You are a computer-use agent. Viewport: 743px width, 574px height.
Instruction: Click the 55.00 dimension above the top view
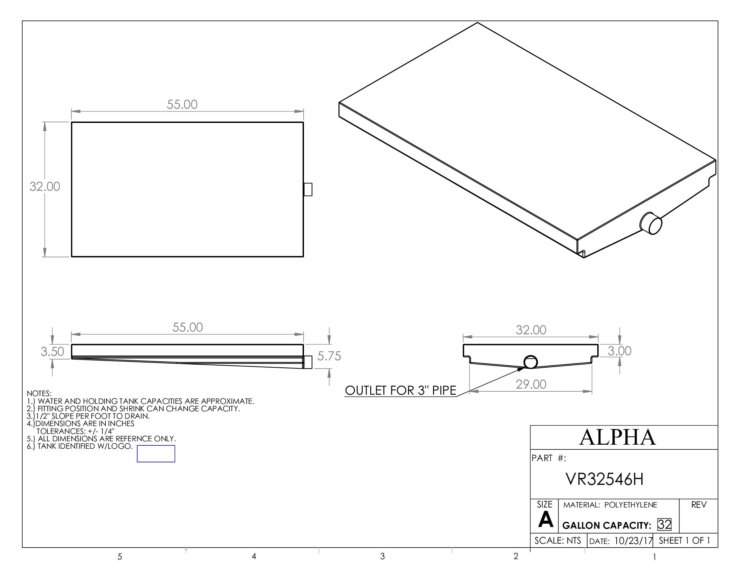pos(182,104)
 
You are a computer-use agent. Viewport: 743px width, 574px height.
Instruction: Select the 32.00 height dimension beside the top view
pos(45,186)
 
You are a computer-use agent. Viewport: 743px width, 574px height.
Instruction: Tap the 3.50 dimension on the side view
pos(52,351)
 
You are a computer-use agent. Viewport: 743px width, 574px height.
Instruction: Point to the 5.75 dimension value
pos(329,356)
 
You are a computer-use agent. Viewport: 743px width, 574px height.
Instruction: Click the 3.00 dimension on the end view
pos(619,350)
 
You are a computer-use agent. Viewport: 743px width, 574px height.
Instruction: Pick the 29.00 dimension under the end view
pos(531,384)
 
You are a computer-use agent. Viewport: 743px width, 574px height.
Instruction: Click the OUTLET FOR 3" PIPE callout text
pos(401,390)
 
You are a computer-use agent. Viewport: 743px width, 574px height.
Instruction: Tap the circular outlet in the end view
pos(530,362)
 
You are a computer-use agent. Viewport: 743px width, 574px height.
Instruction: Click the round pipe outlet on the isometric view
pos(651,223)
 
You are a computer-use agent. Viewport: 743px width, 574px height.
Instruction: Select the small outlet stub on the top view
pos(308,189)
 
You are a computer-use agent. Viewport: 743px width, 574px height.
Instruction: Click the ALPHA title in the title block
pos(617,437)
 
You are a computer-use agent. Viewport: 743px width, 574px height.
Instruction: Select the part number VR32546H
pos(604,479)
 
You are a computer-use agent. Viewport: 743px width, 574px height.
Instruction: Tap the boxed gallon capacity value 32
pos(664,524)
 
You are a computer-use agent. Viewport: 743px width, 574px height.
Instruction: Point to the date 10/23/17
pos(633,541)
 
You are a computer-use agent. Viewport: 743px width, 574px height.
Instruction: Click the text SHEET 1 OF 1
pos(684,541)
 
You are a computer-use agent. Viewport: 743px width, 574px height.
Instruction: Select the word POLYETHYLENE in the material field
pos(631,505)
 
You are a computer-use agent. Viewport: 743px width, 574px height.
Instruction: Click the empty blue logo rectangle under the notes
pos(156,453)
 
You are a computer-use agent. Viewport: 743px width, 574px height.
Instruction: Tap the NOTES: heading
pos(39,393)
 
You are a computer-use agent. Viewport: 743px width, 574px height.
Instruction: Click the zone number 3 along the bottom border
pos(382,556)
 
